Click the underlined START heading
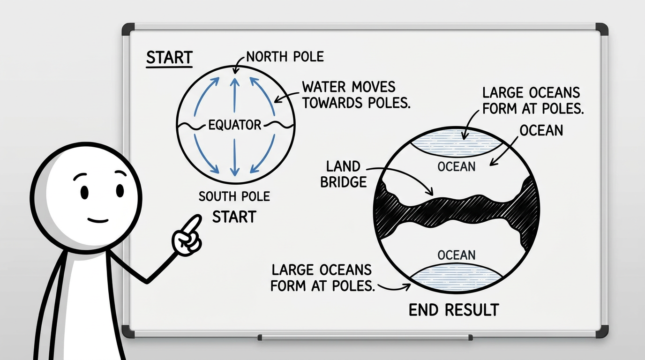pos(169,58)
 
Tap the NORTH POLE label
pos(285,56)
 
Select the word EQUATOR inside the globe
pos(235,125)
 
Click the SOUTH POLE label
pos(234,196)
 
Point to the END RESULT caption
pos(454,310)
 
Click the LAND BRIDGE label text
pos(343,174)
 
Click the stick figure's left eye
pos(84,192)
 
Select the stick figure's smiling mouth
pos(98,221)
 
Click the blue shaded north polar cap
pos(457,142)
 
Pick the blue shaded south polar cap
pos(457,278)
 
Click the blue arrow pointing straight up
pos(235,95)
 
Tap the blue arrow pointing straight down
pos(235,157)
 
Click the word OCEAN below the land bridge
pos(457,255)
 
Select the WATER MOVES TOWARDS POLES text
pos(356,95)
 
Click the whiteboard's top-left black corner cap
pos(128,29)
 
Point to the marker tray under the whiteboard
pos(365,337)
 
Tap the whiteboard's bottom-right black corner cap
pos(602,331)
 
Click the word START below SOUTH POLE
pos(234,217)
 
